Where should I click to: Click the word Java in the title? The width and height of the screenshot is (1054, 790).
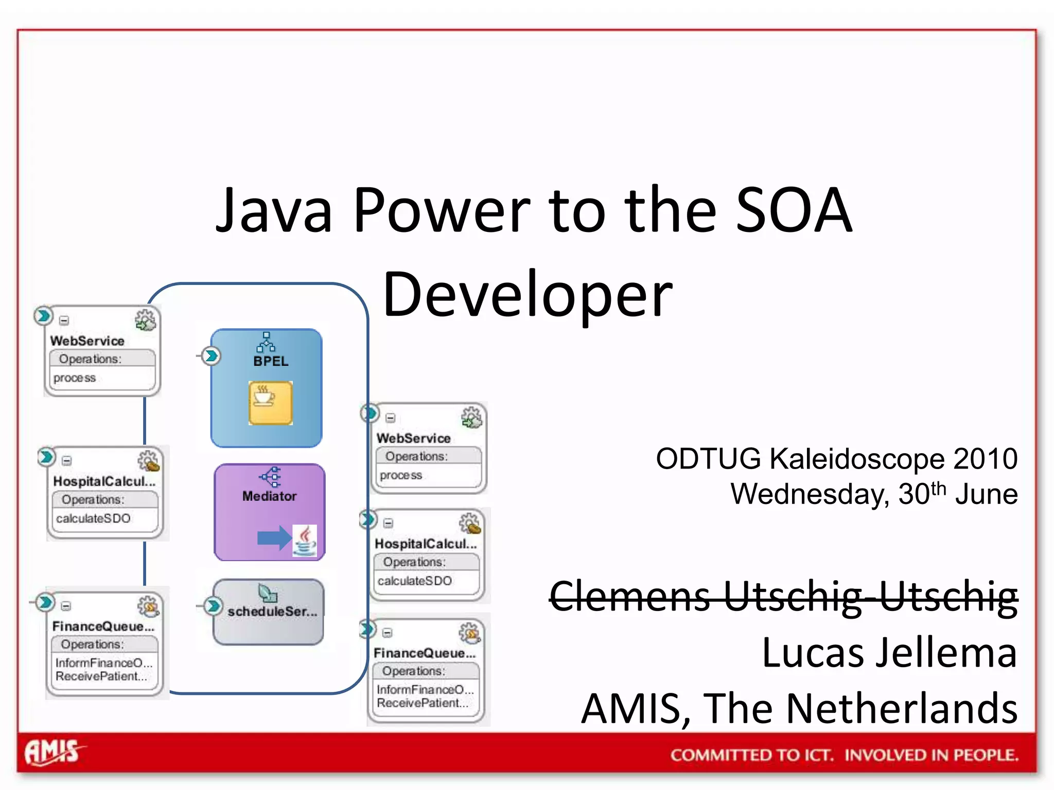274,210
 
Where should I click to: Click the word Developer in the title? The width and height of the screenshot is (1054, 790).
528,294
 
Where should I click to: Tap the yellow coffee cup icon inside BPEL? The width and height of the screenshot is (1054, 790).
270,403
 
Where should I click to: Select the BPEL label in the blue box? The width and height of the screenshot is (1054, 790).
271,361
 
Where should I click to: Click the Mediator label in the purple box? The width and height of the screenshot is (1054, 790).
269,496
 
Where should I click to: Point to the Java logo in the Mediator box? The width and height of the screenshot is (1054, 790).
305,541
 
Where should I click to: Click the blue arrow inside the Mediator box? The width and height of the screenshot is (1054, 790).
273,538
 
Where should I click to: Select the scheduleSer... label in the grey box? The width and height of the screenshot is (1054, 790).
272,612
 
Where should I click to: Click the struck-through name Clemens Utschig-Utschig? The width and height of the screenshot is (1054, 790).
783,597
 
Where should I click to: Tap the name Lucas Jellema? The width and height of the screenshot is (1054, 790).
889,653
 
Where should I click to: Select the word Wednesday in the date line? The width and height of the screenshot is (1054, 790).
810,494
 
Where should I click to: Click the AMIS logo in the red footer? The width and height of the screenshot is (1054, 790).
53,752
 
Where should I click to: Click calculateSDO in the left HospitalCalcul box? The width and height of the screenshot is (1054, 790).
93,518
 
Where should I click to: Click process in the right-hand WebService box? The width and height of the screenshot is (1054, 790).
401,475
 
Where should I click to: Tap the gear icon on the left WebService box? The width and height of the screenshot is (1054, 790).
146,320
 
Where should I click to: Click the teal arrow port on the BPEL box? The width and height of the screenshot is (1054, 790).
210,356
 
